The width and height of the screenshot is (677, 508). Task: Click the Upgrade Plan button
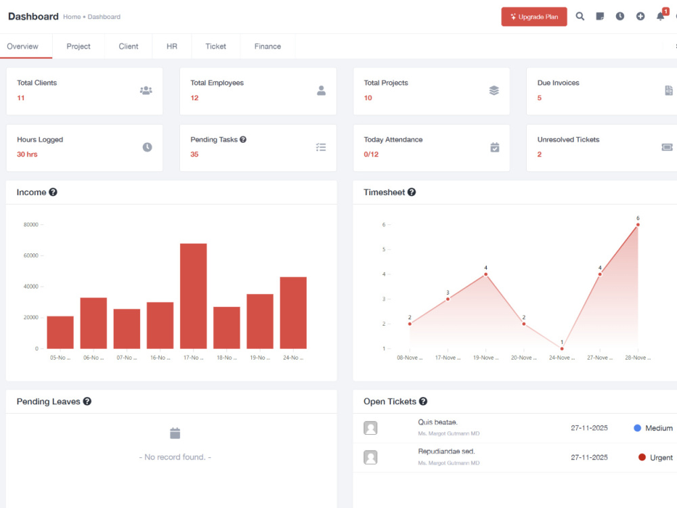(534, 17)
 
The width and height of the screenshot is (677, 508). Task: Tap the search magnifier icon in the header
(580, 16)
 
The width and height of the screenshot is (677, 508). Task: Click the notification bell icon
(660, 16)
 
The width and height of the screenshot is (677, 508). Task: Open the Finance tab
(267, 46)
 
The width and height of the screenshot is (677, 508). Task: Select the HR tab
(172, 46)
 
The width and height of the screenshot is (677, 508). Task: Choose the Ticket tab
(215, 46)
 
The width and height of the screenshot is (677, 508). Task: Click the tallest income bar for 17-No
(194, 296)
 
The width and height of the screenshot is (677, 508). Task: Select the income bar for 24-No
(293, 313)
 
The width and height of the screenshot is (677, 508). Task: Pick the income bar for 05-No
(60, 332)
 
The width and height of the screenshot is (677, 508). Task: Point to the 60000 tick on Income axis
(30, 255)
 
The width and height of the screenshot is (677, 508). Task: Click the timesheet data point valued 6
(638, 225)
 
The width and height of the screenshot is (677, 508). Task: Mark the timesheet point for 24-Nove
(562, 349)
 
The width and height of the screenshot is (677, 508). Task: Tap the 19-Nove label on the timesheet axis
(485, 358)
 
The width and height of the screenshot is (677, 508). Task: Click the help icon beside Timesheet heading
(412, 192)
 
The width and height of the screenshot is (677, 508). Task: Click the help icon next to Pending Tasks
(243, 140)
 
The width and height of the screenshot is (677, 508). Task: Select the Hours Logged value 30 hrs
(27, 154)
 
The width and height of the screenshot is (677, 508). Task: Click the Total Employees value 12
(194, 98)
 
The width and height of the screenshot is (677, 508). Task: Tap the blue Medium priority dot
(637, 428)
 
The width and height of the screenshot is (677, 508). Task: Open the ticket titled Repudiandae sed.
(446, 451)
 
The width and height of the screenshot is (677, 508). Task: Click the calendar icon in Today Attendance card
(495, 147)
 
